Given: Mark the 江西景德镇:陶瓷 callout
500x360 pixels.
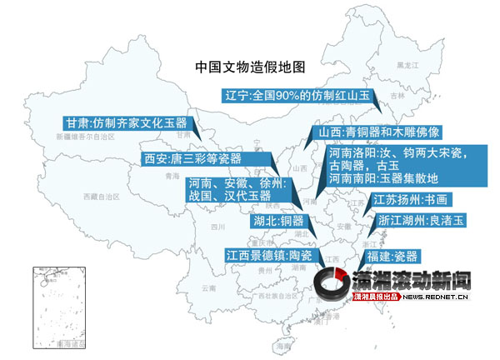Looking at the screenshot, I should click(269, 255).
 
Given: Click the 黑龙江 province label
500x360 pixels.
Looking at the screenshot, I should click(406, 64).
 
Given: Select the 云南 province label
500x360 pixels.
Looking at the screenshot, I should click(207, 287).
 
